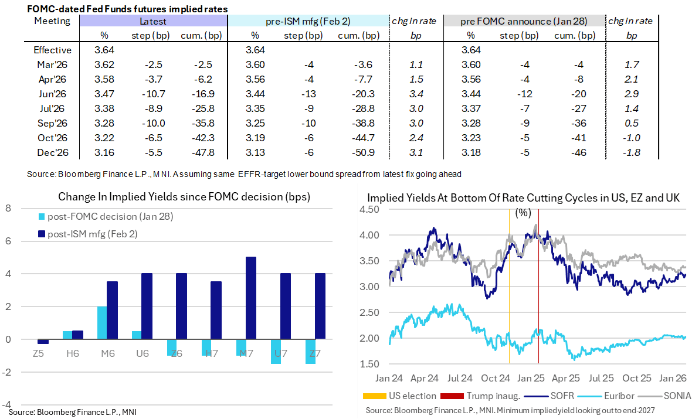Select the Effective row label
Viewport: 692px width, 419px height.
point(52,50)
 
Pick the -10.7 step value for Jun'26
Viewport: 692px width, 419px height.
point(146,94)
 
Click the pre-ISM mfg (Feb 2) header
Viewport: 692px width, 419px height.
point(308,21)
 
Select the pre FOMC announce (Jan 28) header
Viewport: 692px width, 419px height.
point(524,21)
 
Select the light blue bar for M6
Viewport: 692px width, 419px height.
point(102,322)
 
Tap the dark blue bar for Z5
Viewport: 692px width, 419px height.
point(43,342)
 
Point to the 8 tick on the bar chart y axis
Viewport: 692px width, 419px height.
point(8,208)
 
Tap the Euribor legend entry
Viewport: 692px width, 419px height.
point(599,396)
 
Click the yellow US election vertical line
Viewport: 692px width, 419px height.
point(508,281)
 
